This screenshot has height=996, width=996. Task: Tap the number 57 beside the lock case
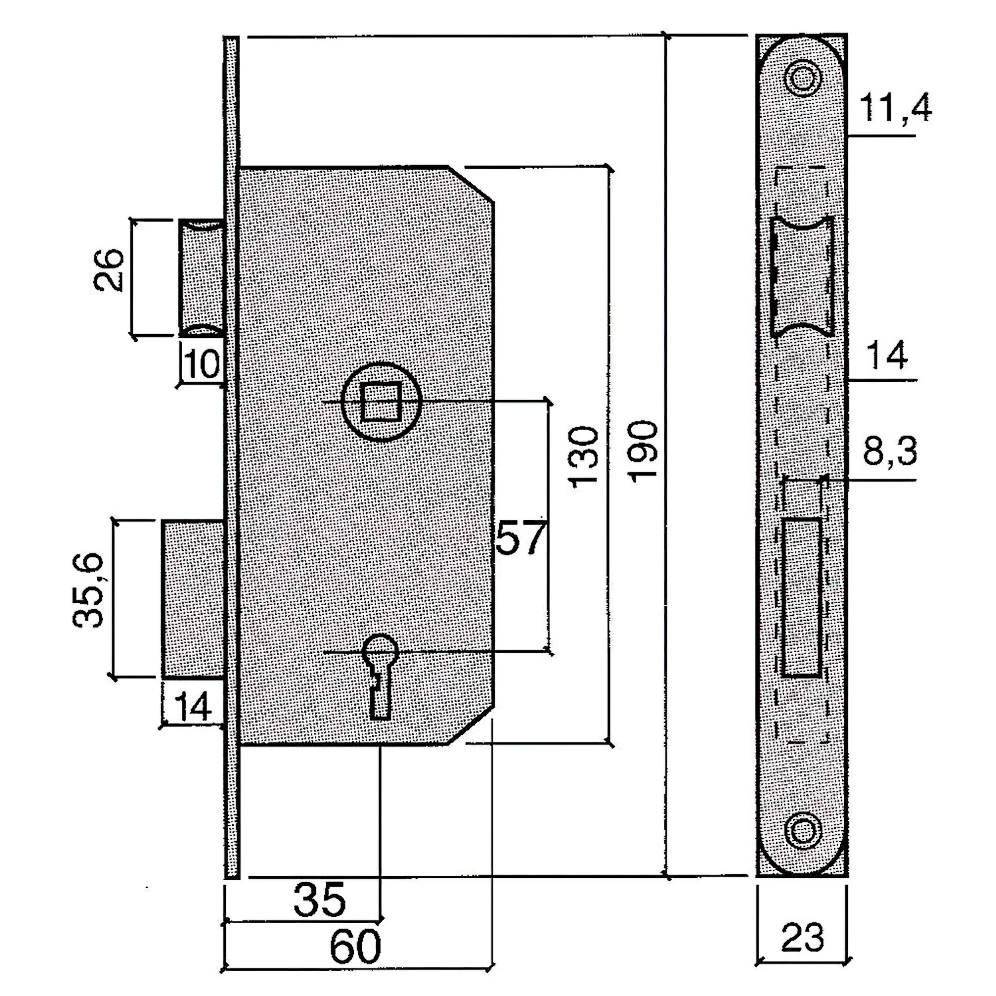pyautogui.click(x=521, y=538)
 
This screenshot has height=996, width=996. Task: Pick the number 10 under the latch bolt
pyautogui.click(x=202, y=364)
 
